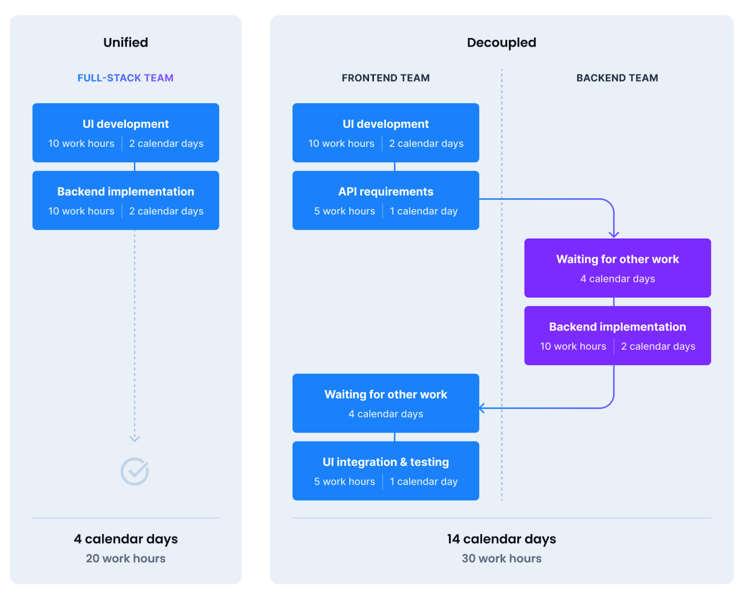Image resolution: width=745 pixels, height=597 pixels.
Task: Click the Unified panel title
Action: [125, 42]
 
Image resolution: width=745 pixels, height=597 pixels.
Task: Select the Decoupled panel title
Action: [501, 42]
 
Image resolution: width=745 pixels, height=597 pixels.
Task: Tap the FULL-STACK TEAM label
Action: [125, 78]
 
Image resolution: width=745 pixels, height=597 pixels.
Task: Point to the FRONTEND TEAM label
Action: [385, 78]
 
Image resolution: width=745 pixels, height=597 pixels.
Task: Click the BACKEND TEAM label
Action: [617, 78]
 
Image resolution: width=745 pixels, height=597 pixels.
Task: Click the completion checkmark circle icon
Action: [135, 471]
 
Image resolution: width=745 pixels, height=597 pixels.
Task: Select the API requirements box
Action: [385, 200]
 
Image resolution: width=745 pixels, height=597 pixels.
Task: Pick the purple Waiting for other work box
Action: [617, 268]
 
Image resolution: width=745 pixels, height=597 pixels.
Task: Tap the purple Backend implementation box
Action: [617, 335]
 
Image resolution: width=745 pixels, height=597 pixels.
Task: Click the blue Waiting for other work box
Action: [385, 403]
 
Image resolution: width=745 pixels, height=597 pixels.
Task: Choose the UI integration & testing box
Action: [385, 470]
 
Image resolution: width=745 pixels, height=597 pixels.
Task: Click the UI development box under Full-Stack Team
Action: [125, 133]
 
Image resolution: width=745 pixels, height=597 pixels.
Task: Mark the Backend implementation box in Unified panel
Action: [125, 200]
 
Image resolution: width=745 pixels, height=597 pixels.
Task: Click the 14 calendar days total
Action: [501, 539]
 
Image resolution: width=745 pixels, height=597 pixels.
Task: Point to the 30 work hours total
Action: [501, 558]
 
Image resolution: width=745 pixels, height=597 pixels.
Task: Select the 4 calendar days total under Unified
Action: [125, 539]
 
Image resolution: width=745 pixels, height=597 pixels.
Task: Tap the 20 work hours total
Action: [125, 558]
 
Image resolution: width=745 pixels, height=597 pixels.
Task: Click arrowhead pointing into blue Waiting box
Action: [482, 408]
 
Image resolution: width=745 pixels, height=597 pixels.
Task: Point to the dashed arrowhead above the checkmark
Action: [135, 438]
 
